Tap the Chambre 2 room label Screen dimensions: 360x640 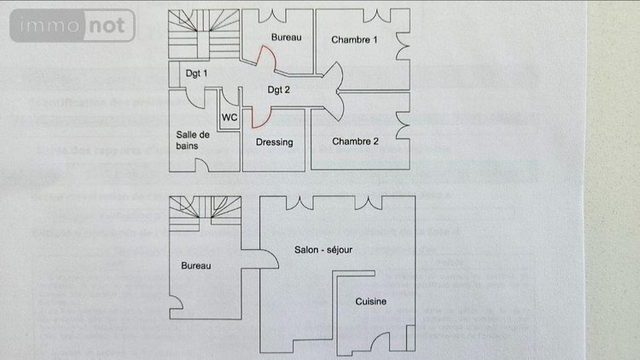tap(355, 141)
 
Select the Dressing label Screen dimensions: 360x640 tap(275, 142)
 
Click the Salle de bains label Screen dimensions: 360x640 tap(193, 141)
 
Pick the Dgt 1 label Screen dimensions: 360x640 tap(197, 73)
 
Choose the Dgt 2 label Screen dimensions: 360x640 tap(279, 90)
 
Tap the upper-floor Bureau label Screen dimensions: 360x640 tap(286, 37)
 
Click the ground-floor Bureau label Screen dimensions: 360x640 tap(195, 265)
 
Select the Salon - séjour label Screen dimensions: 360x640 tap(323, 250)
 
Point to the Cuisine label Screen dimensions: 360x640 tap(371, 302)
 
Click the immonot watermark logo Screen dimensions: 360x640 tap(73, 26)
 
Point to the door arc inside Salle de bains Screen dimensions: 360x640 tap(195, 101)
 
